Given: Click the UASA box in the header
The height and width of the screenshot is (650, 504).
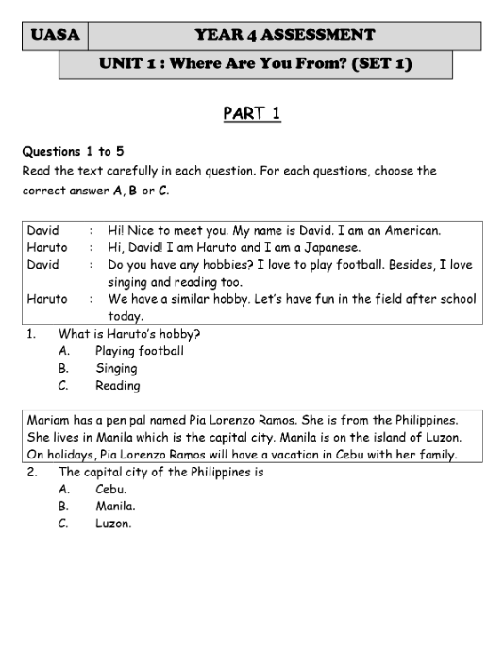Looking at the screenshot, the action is pyautogui.click(x=54, y=36).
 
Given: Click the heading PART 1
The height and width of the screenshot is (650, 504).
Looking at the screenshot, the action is pyautogui.click(x=252, y=114).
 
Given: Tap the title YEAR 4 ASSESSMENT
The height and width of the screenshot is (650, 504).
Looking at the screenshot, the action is pyautogui.click(x=284, y=36).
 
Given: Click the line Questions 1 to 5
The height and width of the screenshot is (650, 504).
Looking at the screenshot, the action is pyautogui.click(x=73, y=151).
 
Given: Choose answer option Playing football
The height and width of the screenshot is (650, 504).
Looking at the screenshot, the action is pyautogui.click(x=139, y=351).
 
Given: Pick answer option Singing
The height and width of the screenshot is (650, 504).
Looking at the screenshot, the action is pyautogui.click(x=116, y=368).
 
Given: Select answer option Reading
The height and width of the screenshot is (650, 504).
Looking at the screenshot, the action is pyautogui.click(x=117, y=385).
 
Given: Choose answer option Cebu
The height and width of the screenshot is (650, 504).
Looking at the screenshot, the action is pyautogui.click(x=110, y=489).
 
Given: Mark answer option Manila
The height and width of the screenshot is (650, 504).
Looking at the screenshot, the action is pyautogui.click(x=115, y=506).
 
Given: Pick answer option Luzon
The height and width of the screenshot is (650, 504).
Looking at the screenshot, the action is pyautogui.click(x=113, y=524).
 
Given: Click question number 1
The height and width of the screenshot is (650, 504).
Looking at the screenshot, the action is pyautogui.click(x=31, y=334).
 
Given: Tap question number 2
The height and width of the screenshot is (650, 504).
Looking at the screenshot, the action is pyautogui.click(x=31, y=472).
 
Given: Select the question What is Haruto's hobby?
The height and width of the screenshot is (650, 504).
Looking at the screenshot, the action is pyautogui.click(x=129, y=334).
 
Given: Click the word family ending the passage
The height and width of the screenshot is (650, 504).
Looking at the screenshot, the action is pyautogui.click(x=437, y=454).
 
